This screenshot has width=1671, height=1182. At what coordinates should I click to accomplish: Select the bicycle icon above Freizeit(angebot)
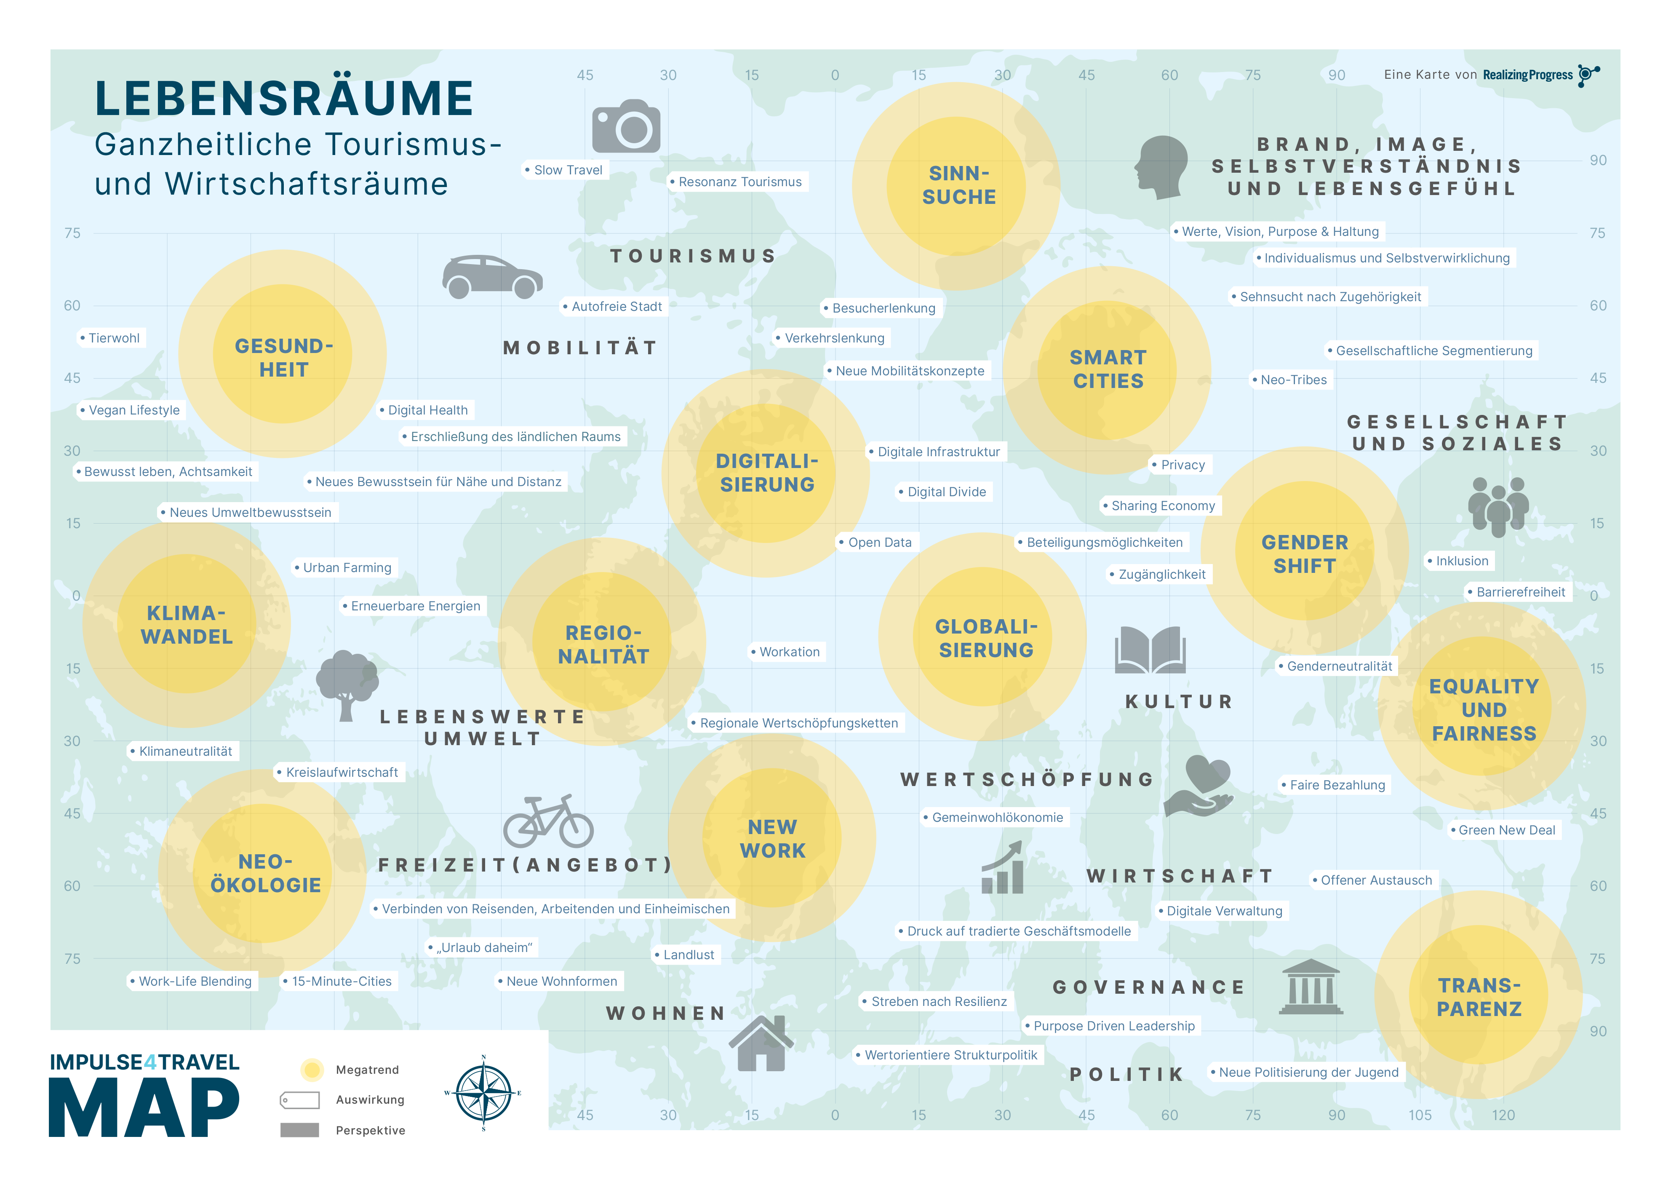(x=548, y=822)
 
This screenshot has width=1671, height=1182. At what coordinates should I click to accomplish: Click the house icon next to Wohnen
(x=761, y=1044)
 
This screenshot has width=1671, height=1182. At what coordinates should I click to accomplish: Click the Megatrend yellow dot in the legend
(x=312, y=1069)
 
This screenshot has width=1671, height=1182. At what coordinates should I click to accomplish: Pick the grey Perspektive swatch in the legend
(x=300, y=1130)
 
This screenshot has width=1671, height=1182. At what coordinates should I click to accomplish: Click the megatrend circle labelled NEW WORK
(x=772, y=838)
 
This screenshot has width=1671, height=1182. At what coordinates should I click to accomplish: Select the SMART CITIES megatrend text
(x=1108, y=369)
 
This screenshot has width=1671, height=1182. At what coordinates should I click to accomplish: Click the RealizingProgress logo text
(x=1528, y=75)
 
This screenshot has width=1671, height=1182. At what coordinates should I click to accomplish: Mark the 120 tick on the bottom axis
(x=1503, y=1115)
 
